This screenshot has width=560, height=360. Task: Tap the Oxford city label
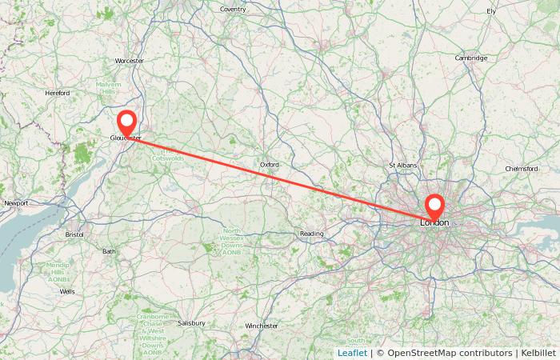coord(270,165)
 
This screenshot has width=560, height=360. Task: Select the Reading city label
coord(311,234)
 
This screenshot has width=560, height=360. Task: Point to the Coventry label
coord(233,9)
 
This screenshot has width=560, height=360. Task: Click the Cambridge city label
coord(471,58)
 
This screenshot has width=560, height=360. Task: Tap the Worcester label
coord(129,61)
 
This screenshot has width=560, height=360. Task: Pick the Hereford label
coord(58,93)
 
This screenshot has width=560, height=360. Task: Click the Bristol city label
coord(74,234)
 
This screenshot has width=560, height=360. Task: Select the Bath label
coord(109,251)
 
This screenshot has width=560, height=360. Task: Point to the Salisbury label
coord(192,323)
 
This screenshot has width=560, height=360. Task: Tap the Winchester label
coord(262,326)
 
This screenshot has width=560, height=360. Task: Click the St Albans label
coord(402,166)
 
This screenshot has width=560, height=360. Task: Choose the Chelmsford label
coord(522,169)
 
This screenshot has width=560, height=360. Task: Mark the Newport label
coord(16,203)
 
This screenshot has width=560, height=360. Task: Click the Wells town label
coord(67,292)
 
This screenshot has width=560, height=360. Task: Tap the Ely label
coord(491,11)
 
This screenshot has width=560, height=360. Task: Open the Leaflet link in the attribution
coord(352,352)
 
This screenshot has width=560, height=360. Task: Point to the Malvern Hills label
coord(108,88)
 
